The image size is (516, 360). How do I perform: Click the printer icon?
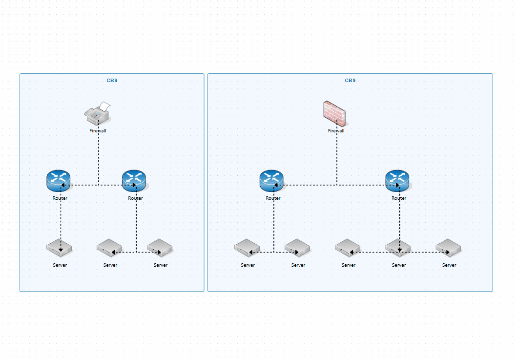click(x=98, y=114)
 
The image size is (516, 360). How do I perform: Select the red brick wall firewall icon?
click(x=334, y=113)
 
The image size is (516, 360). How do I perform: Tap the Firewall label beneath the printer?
click(x=98, y=131)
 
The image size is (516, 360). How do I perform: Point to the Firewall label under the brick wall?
click(x=336, y=131)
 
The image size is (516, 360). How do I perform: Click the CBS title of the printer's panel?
click(x=112, y=81)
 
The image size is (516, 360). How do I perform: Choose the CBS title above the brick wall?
click(x=350, y=81)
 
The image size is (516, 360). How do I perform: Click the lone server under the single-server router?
click(x=60, y=248)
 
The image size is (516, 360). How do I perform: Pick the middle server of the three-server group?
click(x=398, y=248)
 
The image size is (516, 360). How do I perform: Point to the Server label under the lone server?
click(x=60, y=265)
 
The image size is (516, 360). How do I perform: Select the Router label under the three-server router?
click(x=399, y=198)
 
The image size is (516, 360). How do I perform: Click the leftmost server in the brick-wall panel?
click(x=247, y=248)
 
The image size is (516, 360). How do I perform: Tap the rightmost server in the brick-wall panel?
click(x=449, y=248)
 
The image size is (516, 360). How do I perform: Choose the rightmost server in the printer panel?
click(x=160, y=248)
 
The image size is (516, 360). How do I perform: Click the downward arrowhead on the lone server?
click(x=61, y=250)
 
